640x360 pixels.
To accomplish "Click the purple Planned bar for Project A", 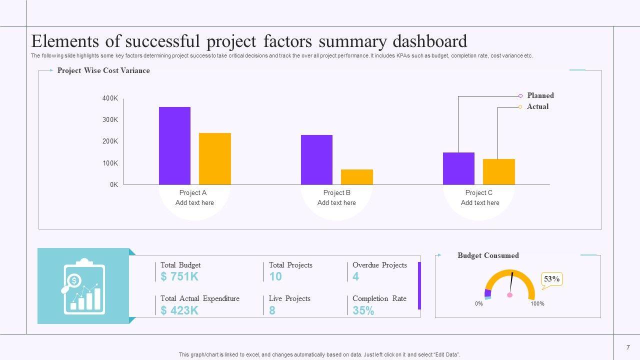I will point(174,145).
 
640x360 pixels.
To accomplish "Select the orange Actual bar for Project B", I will point(356,177).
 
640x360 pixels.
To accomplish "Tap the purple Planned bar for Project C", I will point(458,168).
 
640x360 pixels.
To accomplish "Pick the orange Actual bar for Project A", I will point(215,158).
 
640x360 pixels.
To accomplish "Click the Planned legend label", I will point(540,95).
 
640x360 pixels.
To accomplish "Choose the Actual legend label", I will point(537,106).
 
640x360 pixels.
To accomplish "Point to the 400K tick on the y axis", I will point(110,98).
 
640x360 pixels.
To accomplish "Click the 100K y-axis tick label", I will point(110,163).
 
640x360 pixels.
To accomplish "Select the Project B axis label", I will point(336,192).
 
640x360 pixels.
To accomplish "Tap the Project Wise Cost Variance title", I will point(103,70).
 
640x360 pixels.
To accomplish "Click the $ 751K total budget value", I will point(180,276).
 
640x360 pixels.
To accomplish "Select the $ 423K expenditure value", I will point(180,310).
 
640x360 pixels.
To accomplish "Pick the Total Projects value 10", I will point(275,276).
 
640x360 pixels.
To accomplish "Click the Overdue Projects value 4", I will point(355,276).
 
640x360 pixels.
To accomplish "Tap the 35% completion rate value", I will point(363,310).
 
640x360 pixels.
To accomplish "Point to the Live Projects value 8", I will point(272,310).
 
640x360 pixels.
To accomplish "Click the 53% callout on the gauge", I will point(551,279).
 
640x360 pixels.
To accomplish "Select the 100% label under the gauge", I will point(537,303).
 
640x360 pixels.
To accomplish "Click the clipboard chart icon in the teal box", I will point(83,286).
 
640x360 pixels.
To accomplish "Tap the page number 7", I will point(628,347).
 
